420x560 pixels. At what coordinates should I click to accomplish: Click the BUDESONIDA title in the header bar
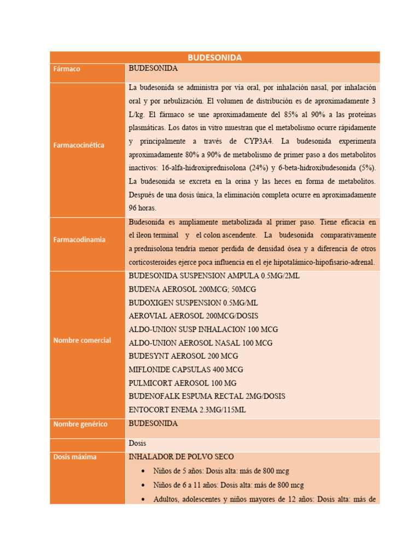pos(214,57)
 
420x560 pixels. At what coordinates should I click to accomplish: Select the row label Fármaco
pos(67,69)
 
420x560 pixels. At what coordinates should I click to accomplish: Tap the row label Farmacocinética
pos(79,145)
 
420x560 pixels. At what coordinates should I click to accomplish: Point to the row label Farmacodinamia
pos(79,240)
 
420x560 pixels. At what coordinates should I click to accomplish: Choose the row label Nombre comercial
pos(82,340)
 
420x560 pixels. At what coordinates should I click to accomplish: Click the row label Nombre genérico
pos(80,424)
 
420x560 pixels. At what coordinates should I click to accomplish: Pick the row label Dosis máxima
pos(75,457)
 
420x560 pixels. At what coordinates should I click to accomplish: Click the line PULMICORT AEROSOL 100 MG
pos(183,383)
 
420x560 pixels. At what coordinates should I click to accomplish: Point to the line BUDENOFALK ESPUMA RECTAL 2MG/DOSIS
pos(207,396)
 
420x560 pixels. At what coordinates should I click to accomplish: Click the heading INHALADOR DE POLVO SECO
pos(181,457)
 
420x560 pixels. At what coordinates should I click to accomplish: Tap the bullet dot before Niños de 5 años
pos(143,471)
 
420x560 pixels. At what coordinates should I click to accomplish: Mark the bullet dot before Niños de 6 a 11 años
pos(143,485)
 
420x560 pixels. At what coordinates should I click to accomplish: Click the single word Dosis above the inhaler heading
pos(137,443)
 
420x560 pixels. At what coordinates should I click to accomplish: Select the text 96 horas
pos(142,208)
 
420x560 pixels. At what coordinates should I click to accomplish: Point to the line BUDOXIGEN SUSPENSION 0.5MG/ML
pos(194,303)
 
